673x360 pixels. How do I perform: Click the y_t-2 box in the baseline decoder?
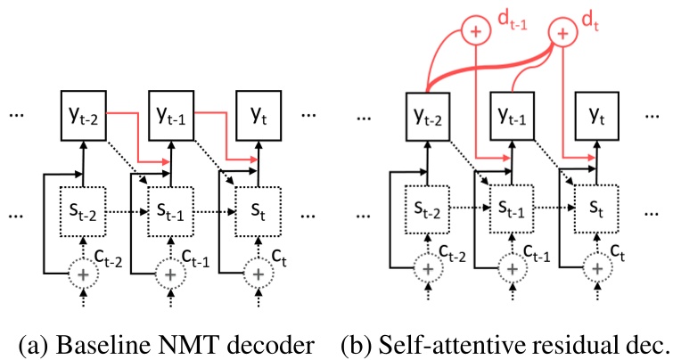click(83, 115)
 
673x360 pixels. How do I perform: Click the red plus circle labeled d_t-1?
click(475, 32)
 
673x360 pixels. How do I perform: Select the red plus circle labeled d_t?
click(562, 32)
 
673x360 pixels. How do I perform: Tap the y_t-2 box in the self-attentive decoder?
click(431, 115)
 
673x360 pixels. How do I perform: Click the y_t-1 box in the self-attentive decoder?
click(517, 115)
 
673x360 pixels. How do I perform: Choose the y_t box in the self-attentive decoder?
click(603, 115)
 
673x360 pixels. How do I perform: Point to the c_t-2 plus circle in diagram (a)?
click(83, 275)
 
